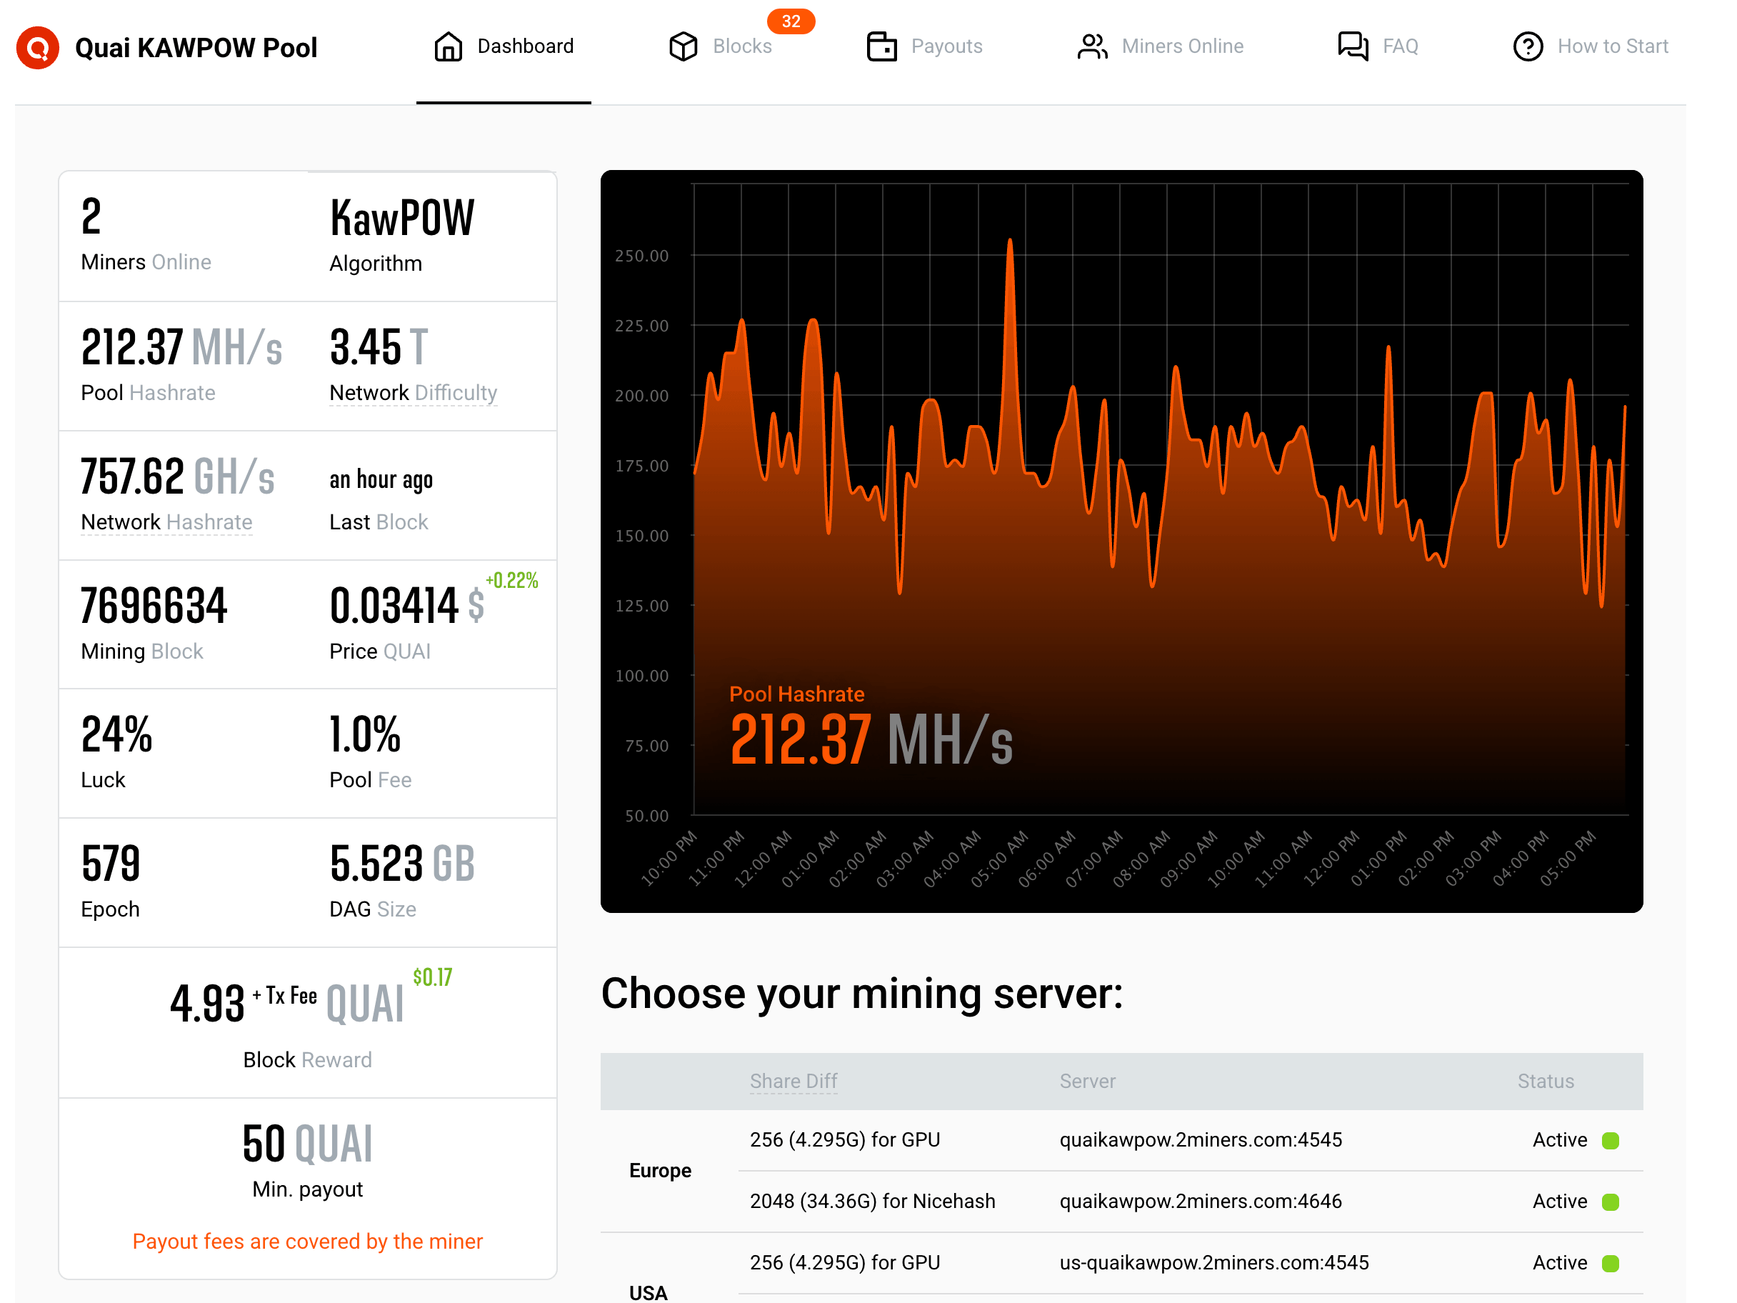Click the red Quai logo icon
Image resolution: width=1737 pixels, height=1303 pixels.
(38, 47)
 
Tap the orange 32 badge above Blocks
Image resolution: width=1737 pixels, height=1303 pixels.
(791, 21)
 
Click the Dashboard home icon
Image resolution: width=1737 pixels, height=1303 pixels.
(449, 46)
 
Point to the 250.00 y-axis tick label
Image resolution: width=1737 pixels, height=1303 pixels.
(641, 256)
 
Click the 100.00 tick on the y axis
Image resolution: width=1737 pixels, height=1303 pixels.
(641, 677)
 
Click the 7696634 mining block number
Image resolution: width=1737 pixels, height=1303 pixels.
(154, 606)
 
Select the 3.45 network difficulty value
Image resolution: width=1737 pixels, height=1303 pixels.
(366, 347)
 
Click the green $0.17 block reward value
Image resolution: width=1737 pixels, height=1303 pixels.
(433, 977)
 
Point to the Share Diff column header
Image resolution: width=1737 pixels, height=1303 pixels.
(793, 1082)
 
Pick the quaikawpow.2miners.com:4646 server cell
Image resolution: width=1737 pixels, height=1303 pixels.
(1201, 1202)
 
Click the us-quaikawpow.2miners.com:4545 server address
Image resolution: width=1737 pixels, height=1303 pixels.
(1214, 1263)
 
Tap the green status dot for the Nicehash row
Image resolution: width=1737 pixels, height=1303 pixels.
(1611, 1202)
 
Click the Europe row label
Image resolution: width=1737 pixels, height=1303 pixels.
(661, 1171)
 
